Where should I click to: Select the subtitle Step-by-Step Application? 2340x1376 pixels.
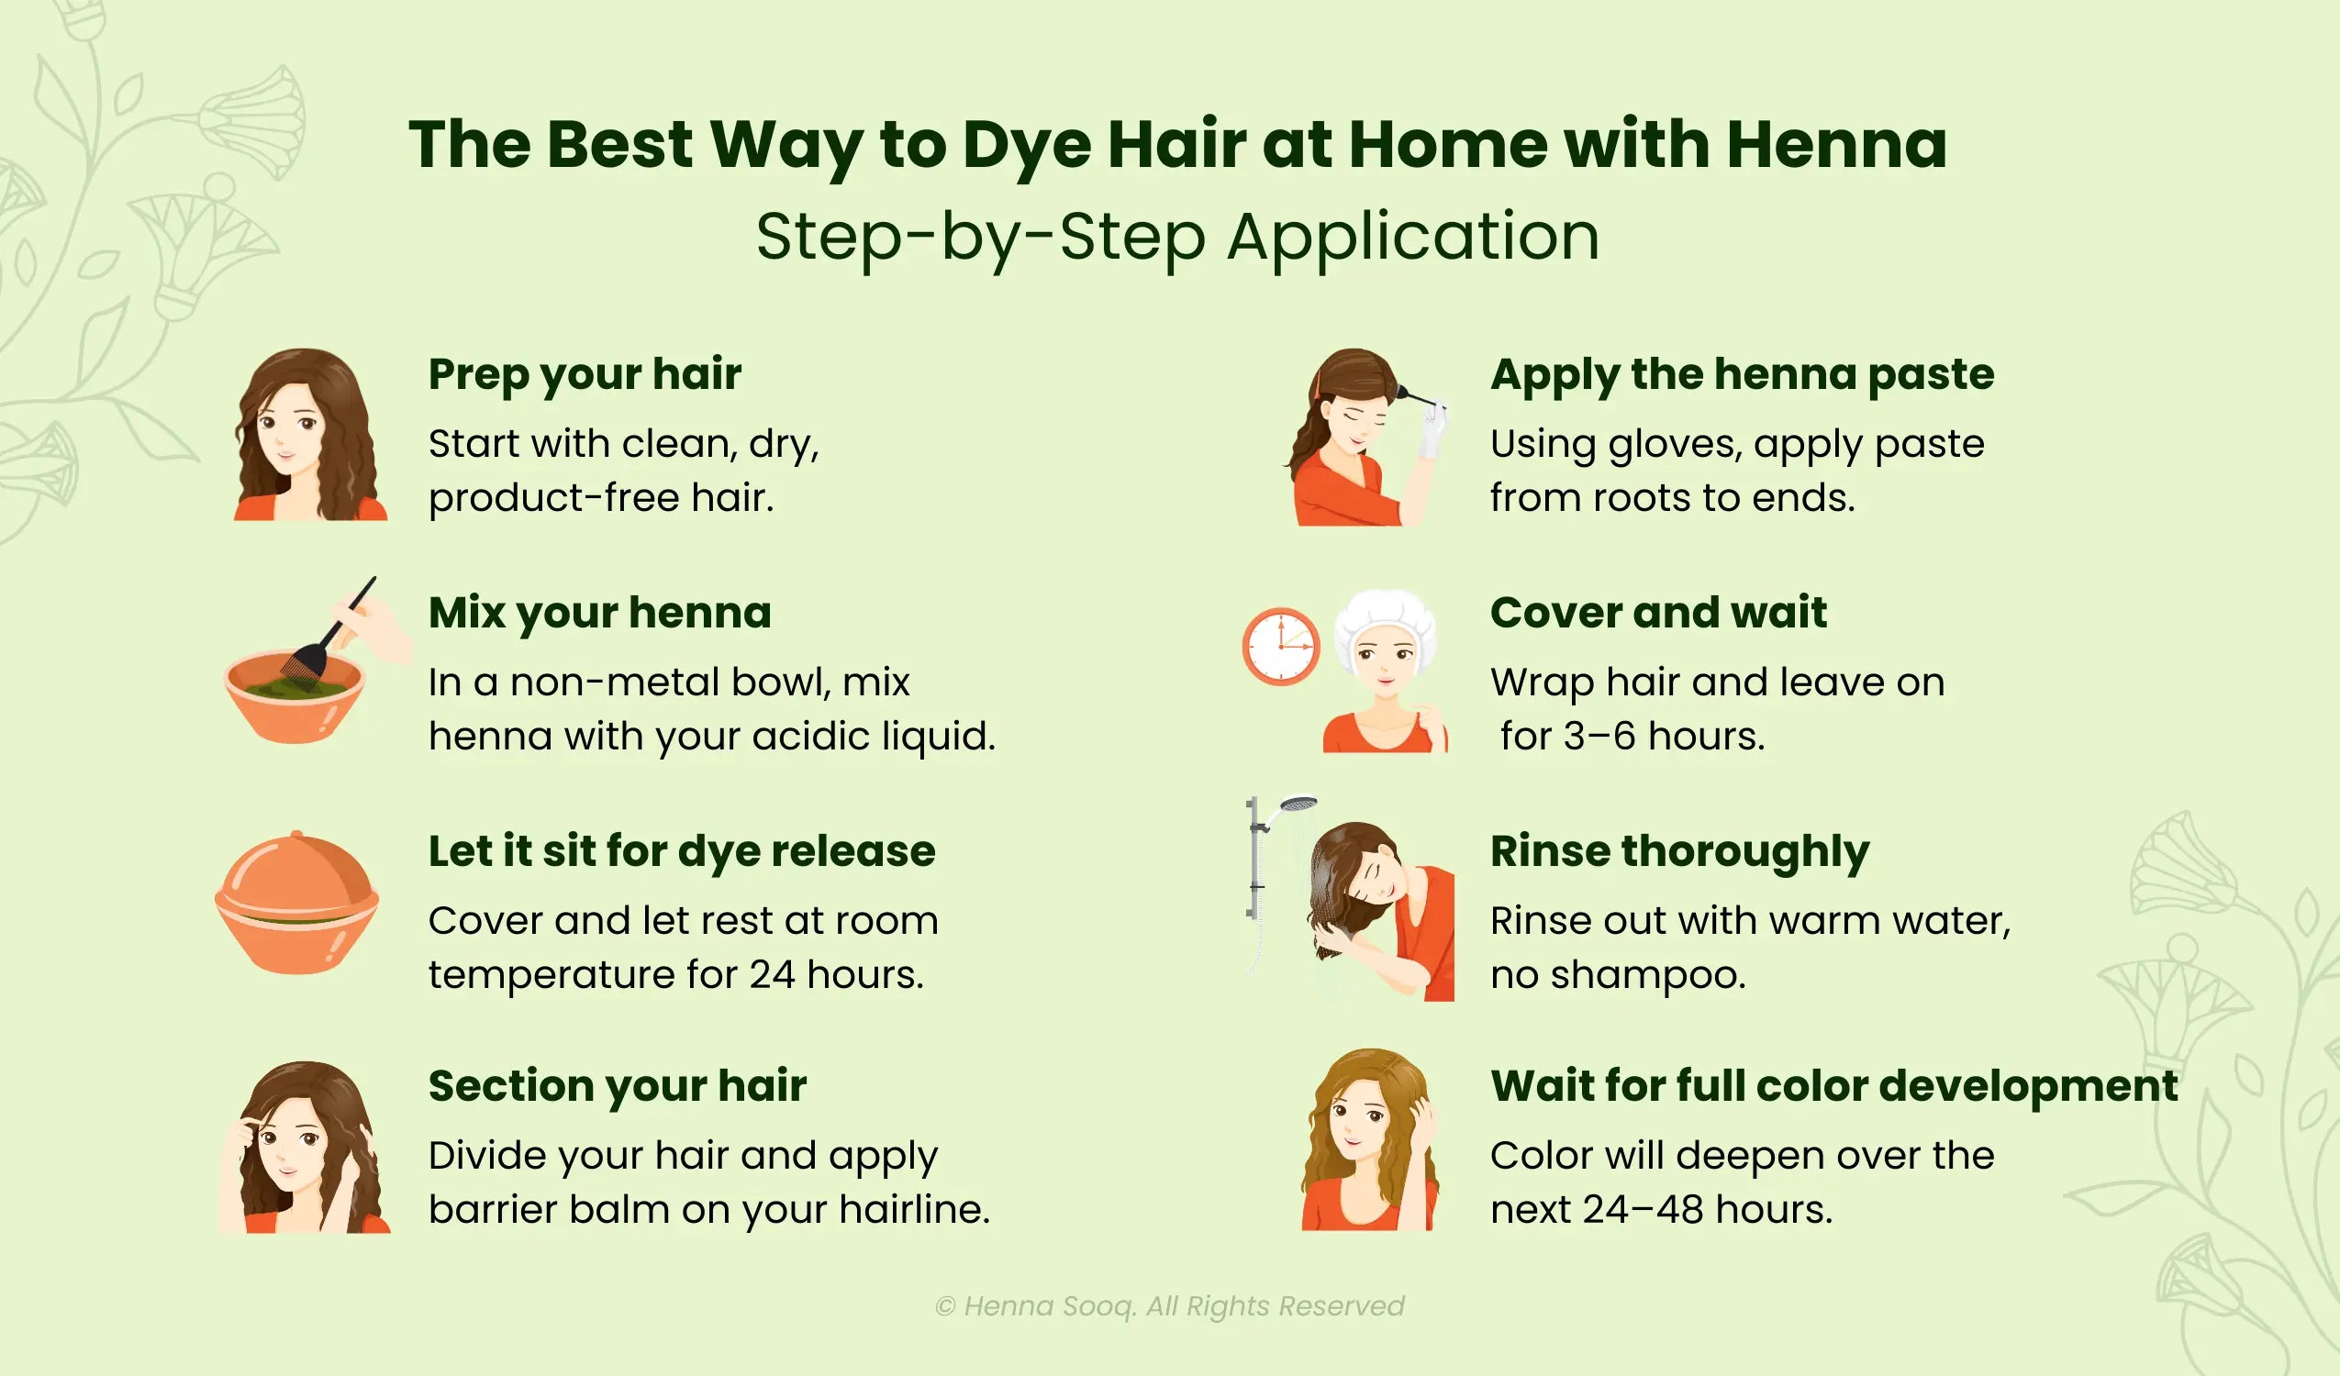(x=1176, y=237)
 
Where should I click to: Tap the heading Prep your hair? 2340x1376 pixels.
(x=584, y=374)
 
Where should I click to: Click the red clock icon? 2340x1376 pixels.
(x=1280, y=646)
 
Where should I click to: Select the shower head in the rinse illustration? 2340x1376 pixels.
(x=1298, y=804)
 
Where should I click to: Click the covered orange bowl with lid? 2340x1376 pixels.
(x=296, y=903)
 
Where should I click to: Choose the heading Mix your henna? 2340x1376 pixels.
(x=599, y=613)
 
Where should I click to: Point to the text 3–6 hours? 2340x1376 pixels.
(x=1663, y=737)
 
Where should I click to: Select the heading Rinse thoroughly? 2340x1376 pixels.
(x=1679, y=851)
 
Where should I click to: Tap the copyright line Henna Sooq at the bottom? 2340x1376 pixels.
(x=1169, y=1305)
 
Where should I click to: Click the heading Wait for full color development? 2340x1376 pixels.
(x=1833, y=1085)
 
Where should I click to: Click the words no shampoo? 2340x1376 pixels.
(x=1618, y=975)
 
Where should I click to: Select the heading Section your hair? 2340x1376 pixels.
(x=617, y=1085)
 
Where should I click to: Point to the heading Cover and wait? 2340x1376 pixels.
(x=1657, y=613)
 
